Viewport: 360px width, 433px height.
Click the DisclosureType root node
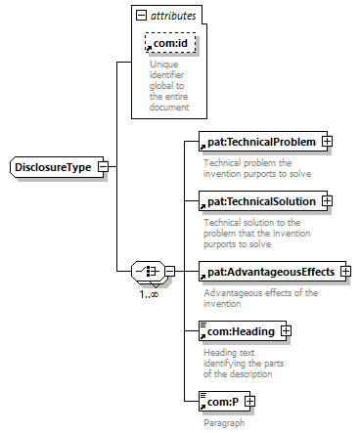[57, 167]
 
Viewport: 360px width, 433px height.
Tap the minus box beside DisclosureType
[103, 167]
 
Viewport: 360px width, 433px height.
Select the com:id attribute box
[170, 43]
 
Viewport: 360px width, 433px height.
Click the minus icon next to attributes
[141, 16]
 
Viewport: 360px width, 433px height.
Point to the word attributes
[173, 16]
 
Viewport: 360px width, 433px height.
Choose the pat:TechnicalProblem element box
[263, 142]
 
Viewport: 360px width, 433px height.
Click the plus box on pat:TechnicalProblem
[327, 142]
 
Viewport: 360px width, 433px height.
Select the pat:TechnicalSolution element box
[263, 201]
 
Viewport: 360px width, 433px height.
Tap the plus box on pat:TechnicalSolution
[327, 201]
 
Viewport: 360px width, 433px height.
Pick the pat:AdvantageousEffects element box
[272, 272]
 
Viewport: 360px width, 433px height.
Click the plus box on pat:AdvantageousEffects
[345, 271]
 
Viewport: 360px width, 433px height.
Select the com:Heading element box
[243, 331]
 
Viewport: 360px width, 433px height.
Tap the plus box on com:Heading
[286, 331]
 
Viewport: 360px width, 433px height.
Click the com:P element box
[224, 402]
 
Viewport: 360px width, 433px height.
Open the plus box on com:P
[249, 401]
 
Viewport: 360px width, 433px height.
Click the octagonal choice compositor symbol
[150, 271]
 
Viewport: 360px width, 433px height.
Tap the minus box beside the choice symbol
[170, 271]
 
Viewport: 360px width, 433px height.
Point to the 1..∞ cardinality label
[149, 294]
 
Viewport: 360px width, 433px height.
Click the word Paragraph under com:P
[224, 423]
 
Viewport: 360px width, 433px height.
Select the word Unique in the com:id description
[164, 65]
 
